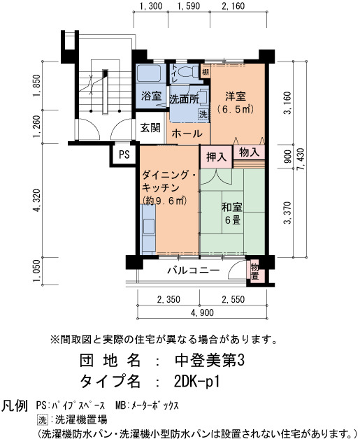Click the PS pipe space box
[x=124, y=154]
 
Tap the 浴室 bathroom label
[x=152, y=96]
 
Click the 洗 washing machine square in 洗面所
[x=203, y=114]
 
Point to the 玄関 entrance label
[x=150, y=128]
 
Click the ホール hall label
[x=187, y=134]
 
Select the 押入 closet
[x=216, y=157]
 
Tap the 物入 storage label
[x=249, y=152]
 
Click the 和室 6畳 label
[x=232, y=213]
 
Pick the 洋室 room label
[x=236, y=96]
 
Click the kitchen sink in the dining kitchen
[x=148, y=226]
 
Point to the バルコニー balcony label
[x=194, y=271]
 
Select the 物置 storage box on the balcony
[x=254, y=271]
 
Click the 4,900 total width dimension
[x=202, y=312]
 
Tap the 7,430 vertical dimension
[x=301, y=161]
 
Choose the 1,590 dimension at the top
[x=189, y=6]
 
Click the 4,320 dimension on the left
[x=37, y=200]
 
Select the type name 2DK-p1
[x=197, y=382]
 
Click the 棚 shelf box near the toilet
[x=206, y=72]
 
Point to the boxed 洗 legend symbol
[x=42, y=420]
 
